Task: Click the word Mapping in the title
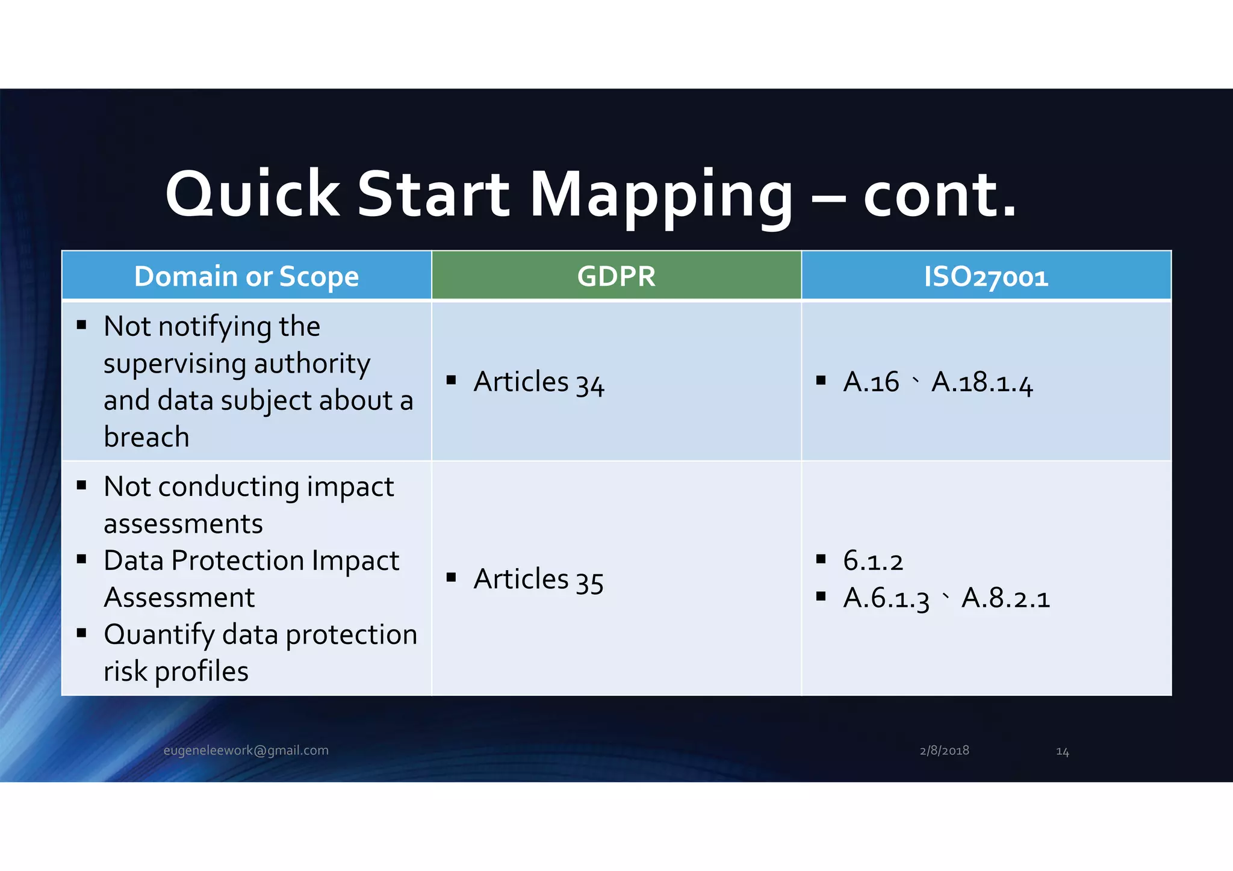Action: [x=661, y=196]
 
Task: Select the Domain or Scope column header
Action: [x=246, y=276]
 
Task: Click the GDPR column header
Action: [x=616, y=276]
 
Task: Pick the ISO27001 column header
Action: [x=986, y=277]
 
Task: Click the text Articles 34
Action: [x=538, y=382]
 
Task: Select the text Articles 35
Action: [x=538, y=580]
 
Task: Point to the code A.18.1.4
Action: [x=982, y=382]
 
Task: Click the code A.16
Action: [x=871, y=382]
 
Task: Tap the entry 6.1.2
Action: [x=872, y=561]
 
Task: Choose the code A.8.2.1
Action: [x=1005, y=598]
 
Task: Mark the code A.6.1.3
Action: [x=886, y=598]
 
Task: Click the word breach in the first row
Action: [x=146, y=437]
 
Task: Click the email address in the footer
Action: [x=246, y=751]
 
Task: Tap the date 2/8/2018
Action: [x=944, y=751]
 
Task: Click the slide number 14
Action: [x=1062, y=752]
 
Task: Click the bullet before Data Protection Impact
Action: [x=82, y=559]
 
